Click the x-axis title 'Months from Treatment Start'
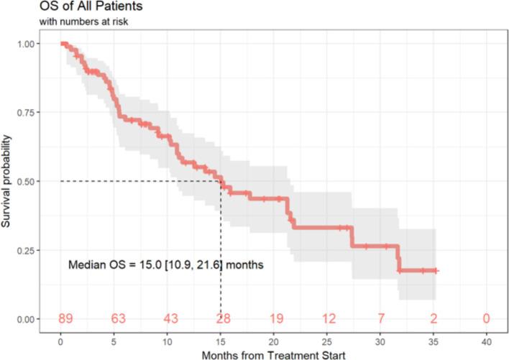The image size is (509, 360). pyautogui.click(x=274, y=353)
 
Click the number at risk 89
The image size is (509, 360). pyautogui.click(x=61, y=318)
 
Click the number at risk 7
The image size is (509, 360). pyautogui.click(x=380, y=318)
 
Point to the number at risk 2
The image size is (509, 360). pyautogui.click(x=433, y=318)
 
